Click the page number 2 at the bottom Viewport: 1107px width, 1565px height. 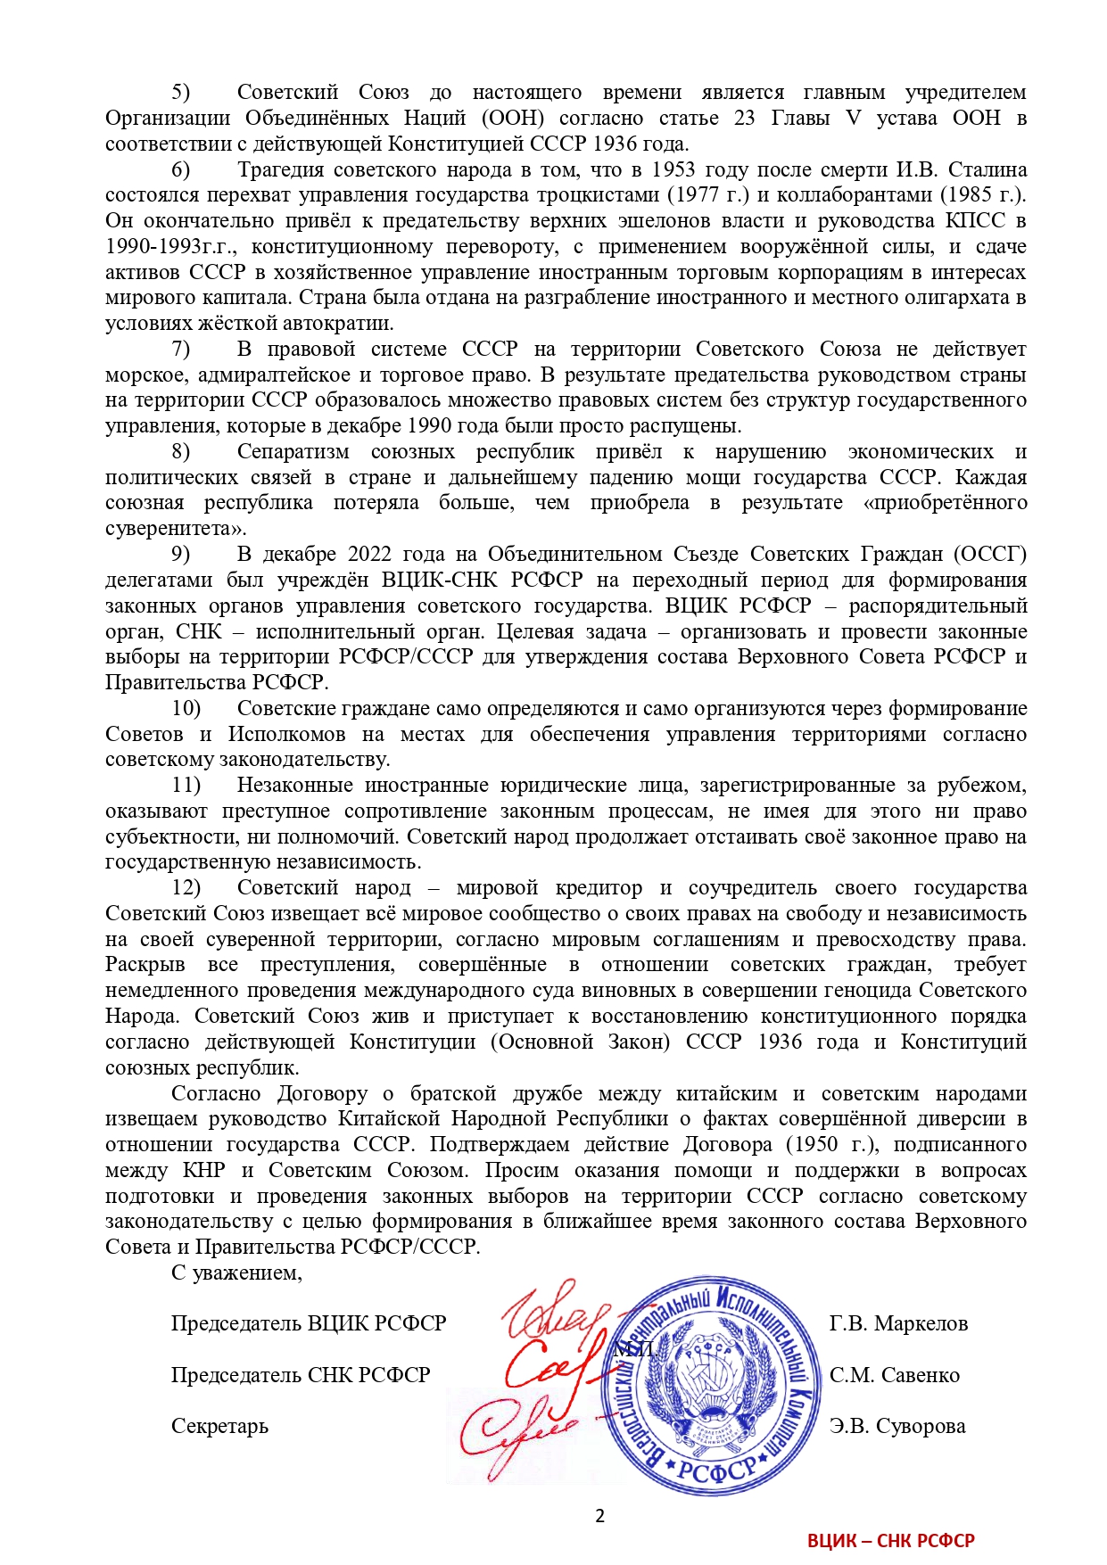click(599, 1516)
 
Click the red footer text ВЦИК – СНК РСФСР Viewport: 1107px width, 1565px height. click(890, 1540)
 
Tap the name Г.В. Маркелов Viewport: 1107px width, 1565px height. click(897, 1323)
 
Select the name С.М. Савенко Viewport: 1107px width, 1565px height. click(894, 1375)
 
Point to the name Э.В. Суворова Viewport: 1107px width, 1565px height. click(896, 1426)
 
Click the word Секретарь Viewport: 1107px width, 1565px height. click(219, 1426)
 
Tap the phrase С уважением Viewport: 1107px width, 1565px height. click(236, 1273)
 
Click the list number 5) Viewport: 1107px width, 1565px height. click(181, 92)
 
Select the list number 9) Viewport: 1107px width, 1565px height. click(181, 554)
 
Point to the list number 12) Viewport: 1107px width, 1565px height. click(186, 887)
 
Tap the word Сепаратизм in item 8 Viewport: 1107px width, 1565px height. click(293, 451)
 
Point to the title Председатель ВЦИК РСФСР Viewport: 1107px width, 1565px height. click(308, 1323)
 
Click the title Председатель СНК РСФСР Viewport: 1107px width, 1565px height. click(301, 1375)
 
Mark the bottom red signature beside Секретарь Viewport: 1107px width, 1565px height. click(517, 1431)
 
